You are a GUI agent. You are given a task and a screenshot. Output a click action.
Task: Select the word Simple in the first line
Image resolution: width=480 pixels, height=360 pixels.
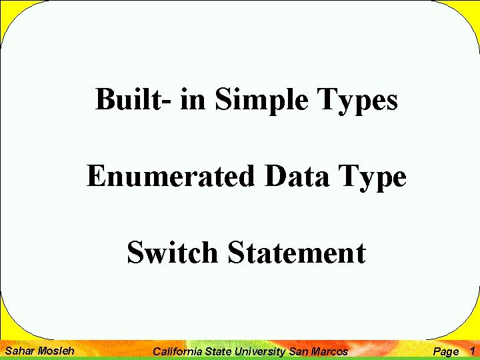[261, 101]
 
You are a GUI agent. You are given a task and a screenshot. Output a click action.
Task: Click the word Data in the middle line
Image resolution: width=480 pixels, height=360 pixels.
[297, 175]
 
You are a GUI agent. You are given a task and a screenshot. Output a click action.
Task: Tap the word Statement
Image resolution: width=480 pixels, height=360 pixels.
[297, 252]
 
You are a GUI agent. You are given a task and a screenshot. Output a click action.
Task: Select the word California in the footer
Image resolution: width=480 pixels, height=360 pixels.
[177, 351]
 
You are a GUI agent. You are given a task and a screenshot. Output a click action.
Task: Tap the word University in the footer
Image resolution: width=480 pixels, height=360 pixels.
[260, 352]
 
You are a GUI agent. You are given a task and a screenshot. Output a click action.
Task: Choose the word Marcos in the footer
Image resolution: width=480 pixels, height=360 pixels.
[329, 351]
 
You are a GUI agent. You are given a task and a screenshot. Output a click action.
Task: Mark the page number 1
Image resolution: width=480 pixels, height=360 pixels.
[473, 351]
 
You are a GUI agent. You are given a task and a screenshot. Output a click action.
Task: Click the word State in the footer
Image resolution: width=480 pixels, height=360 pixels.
[218, 351]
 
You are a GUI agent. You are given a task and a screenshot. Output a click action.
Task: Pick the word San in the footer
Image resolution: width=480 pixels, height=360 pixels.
[299, 351]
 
